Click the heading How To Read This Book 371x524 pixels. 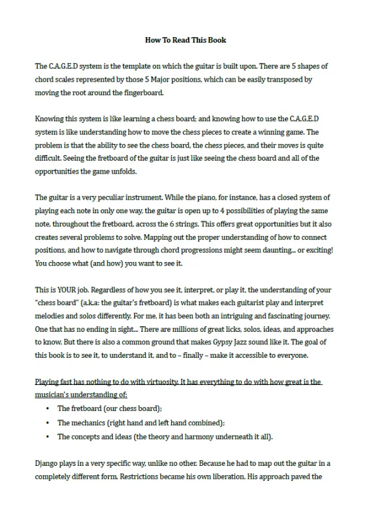click(x=185, y=40)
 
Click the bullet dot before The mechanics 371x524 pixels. click(x=48, y=423)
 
